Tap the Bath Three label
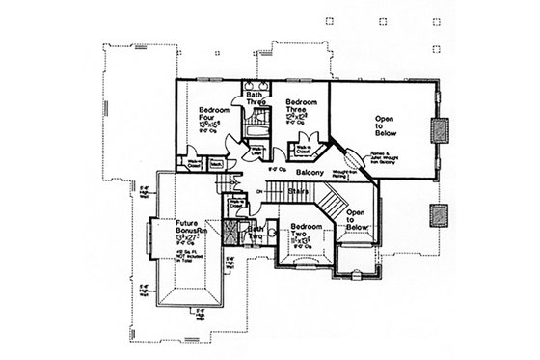point(256,97)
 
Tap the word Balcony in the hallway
point(310,173)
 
